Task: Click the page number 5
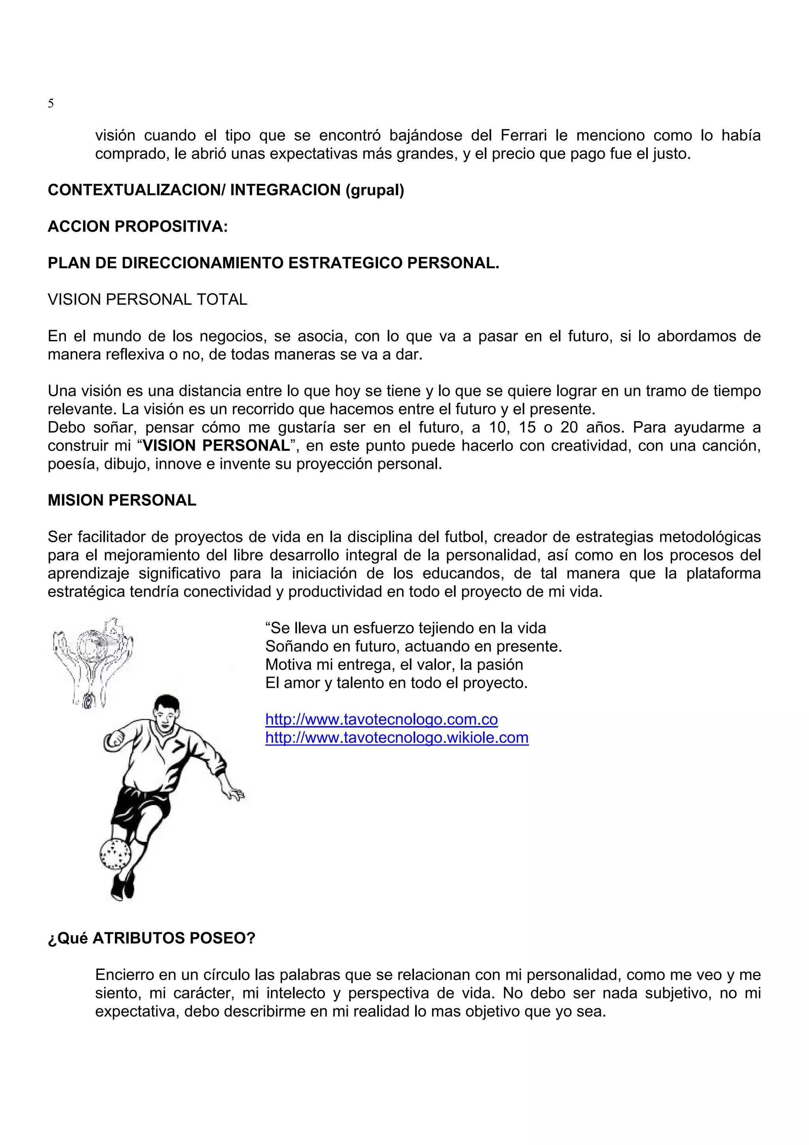pyautogui.click(x=51, y=104)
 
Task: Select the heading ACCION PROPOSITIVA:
pyautogui.click(x=137, y=226)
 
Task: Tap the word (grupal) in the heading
pyautogui.click(x=374, y=190)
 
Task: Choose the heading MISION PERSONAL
pyautogui.click(x=122, y=500)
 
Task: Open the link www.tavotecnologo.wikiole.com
pyautogui.click(x=397, y=738)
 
